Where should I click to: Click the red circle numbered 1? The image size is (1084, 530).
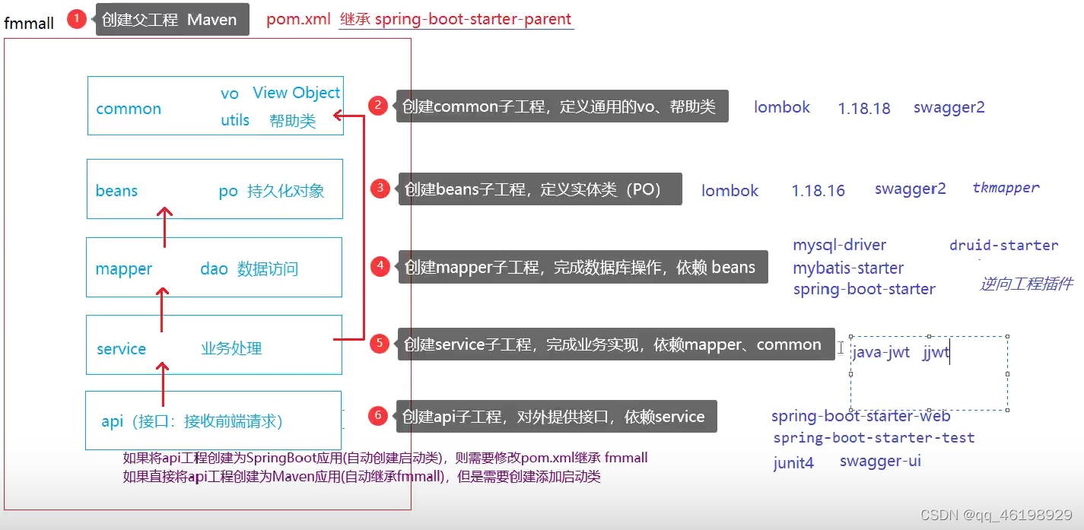tap(77, 19)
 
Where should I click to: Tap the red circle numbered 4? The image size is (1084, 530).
tap(380, 266)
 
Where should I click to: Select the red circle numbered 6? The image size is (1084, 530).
tap(377, 416)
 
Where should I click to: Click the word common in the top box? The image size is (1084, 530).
tap(129, 109)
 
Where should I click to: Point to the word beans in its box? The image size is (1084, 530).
tap(116, 191)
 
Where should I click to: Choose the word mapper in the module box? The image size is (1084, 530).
tap(123, 269)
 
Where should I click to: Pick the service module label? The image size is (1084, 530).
tap(121, 349)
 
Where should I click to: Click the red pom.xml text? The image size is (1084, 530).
tap(298, 20)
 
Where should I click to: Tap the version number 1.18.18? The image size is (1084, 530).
tap(864, 108)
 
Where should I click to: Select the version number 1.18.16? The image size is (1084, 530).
tap(818, 191)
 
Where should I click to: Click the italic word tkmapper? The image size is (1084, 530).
tap(1006, 188)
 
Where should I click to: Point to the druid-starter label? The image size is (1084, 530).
tap(1003, 246)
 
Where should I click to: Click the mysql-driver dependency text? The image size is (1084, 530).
tap(839, 245)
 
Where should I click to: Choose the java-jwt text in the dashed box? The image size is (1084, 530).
tap(881, 352)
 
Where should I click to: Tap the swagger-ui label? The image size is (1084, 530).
tap(880, 461)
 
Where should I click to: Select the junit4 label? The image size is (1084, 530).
tap(793, 462)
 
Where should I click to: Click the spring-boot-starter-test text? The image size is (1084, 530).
tap(873, 438)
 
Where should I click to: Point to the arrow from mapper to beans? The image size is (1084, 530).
tap(165, 227)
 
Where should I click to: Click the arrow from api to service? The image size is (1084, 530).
tap(163, 384)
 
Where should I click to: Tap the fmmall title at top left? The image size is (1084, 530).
tap(29, 24)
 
